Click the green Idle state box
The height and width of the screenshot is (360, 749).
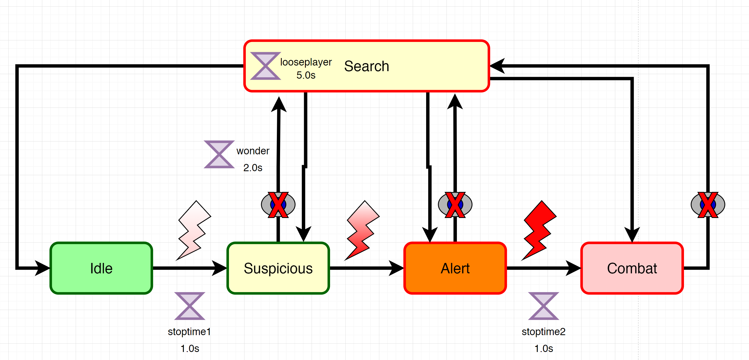(x=101, y=268)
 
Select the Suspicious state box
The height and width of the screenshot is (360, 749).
(x=278, y=268)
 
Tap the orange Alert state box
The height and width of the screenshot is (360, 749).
(x=455, y=268)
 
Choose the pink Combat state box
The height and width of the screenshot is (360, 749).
(x=632, y=268)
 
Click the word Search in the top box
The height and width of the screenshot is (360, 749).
(x=366, y=66)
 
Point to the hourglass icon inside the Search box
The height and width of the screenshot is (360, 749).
(x=265, y=66)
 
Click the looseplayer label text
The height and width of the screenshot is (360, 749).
(x=306, y=62)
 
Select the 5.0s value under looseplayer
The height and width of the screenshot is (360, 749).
(x=306, y=75)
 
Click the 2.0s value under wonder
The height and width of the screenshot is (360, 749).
(x=253, y=168)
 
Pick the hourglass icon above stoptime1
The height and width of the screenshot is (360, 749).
(x=190, y=306)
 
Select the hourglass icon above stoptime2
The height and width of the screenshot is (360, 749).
(x=544, y=306)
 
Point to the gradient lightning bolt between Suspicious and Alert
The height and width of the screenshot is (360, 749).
(x=362, y=230)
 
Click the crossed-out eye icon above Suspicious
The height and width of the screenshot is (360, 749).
(x=278, y=205)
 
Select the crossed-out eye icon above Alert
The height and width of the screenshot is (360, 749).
(x=455, y=205)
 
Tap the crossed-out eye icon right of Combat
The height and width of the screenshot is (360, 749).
(x=708, y=205)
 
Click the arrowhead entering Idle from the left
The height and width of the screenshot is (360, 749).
(x=42, y=268)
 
